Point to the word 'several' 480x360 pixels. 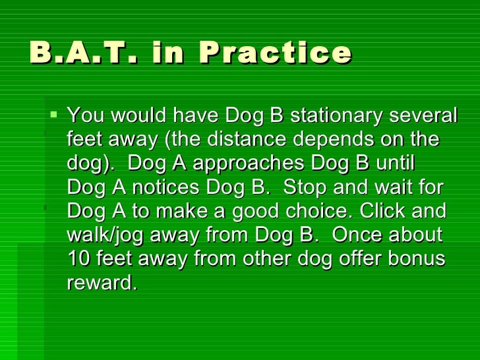coord(423,117)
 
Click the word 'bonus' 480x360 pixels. coord(418,259)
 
